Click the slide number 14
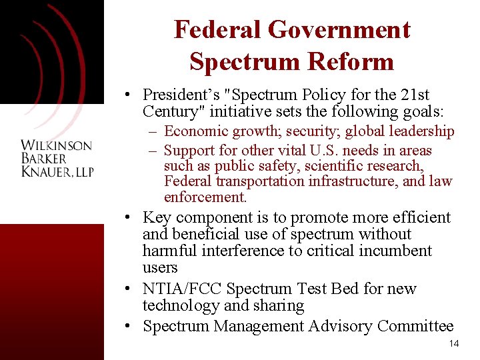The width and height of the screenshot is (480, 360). [454, 344]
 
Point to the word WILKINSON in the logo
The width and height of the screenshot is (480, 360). [57, 146]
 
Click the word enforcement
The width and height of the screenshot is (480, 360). [205, 197]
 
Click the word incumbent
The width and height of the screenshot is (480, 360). [395, 251]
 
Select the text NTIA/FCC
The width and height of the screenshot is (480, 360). [182, 289]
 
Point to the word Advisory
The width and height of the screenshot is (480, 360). [340, 326]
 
